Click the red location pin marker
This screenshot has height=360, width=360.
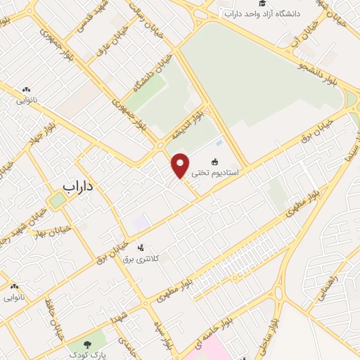(181, 165)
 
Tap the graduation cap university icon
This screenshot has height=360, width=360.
(230, 13)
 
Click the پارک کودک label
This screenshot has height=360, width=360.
(89, 355)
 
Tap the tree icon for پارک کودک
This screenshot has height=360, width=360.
(87, 345)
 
